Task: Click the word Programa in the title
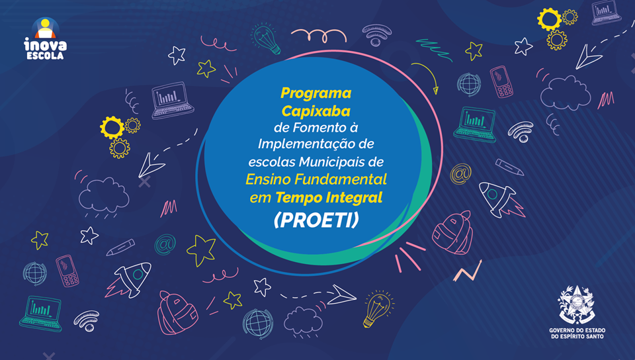point(316,93)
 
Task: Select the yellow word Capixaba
point(316,111)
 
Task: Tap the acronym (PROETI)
point(316,220)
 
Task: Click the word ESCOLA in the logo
point(45,56)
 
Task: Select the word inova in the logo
point(46,44)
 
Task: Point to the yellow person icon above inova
point(46,28)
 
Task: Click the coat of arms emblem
point(577,305)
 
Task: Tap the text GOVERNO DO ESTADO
point(577,330)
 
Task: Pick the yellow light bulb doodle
point(378,308)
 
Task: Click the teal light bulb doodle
point(266,39)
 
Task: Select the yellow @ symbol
point(460,174)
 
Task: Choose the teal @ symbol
point(165,245)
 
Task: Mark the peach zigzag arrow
point(468,272)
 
